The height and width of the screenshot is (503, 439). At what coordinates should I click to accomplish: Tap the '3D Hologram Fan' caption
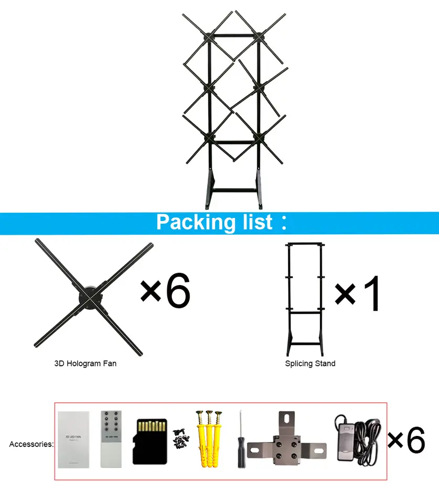(x=85, y=363)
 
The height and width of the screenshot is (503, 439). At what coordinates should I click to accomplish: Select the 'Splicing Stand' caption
(x=310, y=363)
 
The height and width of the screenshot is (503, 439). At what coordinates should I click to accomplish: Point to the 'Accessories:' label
(x=31, y=444)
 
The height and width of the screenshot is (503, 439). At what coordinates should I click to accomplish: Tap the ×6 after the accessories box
(x=406, y=441)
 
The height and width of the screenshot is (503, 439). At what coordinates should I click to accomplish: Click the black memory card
(x=149, y=441)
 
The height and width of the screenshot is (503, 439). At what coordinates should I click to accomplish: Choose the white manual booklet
(x=73, y=439)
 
